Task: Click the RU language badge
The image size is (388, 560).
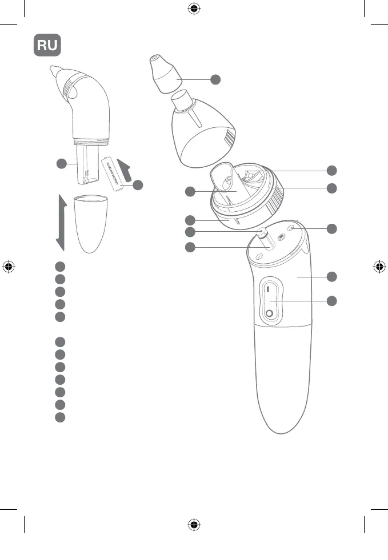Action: click(x=47, y=45)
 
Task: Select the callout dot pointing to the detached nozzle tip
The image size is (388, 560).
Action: click(x=215, y=79)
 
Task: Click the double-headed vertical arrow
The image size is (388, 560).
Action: click(x=59, y=222)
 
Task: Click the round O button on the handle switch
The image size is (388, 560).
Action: click(x=269, y=312)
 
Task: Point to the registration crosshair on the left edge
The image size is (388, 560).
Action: click(x=9, y=266)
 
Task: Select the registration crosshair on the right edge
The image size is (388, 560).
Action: click(x=379, y=266)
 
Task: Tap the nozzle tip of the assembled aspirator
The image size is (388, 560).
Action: click(x=53, y=72)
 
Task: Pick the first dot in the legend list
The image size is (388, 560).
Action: click(x=60, y=266)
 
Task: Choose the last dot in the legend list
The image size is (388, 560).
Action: click(x=60, y=417)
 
